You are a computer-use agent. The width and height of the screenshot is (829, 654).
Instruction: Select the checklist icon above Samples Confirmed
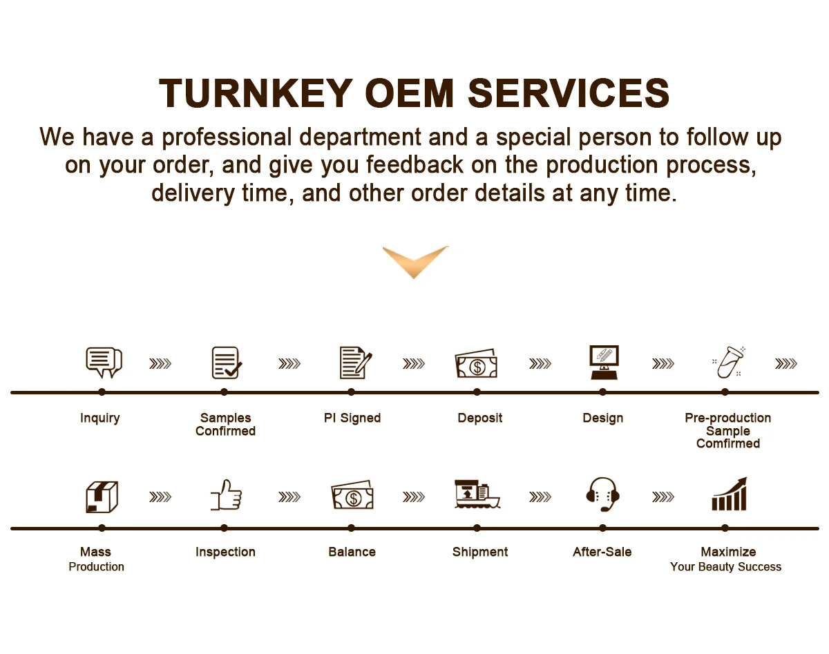click(x=226, y=363)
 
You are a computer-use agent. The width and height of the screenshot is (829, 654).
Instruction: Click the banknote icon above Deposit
click(x=476, y=364)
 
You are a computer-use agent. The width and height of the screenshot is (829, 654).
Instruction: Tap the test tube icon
click(x=727, y=363)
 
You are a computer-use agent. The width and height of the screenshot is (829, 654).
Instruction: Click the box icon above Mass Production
click(x=102, y=497)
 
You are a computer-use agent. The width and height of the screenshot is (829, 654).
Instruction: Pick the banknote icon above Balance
click(x=352, y=496)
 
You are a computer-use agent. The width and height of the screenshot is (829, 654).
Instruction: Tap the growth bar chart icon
click(x=729, y=494)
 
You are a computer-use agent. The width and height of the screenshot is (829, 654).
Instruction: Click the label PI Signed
click(x=352, y=418)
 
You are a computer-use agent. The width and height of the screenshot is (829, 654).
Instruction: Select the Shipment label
click(x=480, y=552)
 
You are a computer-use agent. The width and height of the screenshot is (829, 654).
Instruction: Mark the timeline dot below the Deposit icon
click(x=477, y=392)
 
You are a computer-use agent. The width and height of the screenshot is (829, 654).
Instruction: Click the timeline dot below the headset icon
click(x=602, y=528)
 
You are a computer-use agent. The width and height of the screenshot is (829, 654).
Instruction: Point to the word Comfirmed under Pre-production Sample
click(x=728, y=443)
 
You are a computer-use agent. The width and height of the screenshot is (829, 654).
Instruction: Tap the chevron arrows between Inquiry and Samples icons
click(x=160, y=363)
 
